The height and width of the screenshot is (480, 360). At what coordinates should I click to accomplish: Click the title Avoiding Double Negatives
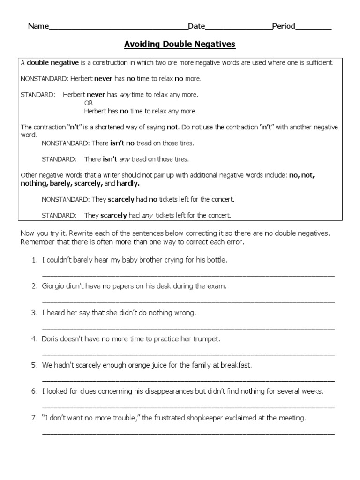click(x=180, y=45)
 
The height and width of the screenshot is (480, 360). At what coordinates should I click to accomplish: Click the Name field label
click(x=38, y=26)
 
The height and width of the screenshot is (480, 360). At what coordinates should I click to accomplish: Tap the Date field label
click(x=196, y=26)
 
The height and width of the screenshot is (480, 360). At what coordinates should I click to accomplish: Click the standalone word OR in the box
click(x=89, y=103)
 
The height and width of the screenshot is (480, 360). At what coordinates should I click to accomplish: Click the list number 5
click(x=34, y=365)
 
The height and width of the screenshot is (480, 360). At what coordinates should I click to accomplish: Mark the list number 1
click(x=34, y=260)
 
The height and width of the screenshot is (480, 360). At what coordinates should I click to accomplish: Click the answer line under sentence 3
click(x=188, y=328)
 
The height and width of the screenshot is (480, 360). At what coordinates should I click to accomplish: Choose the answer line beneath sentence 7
click(x=188, y=434)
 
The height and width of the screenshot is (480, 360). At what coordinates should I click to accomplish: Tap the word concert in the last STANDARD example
click(x=219, y=215)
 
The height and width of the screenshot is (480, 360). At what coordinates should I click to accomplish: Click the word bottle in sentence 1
click(x=216, y=260)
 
